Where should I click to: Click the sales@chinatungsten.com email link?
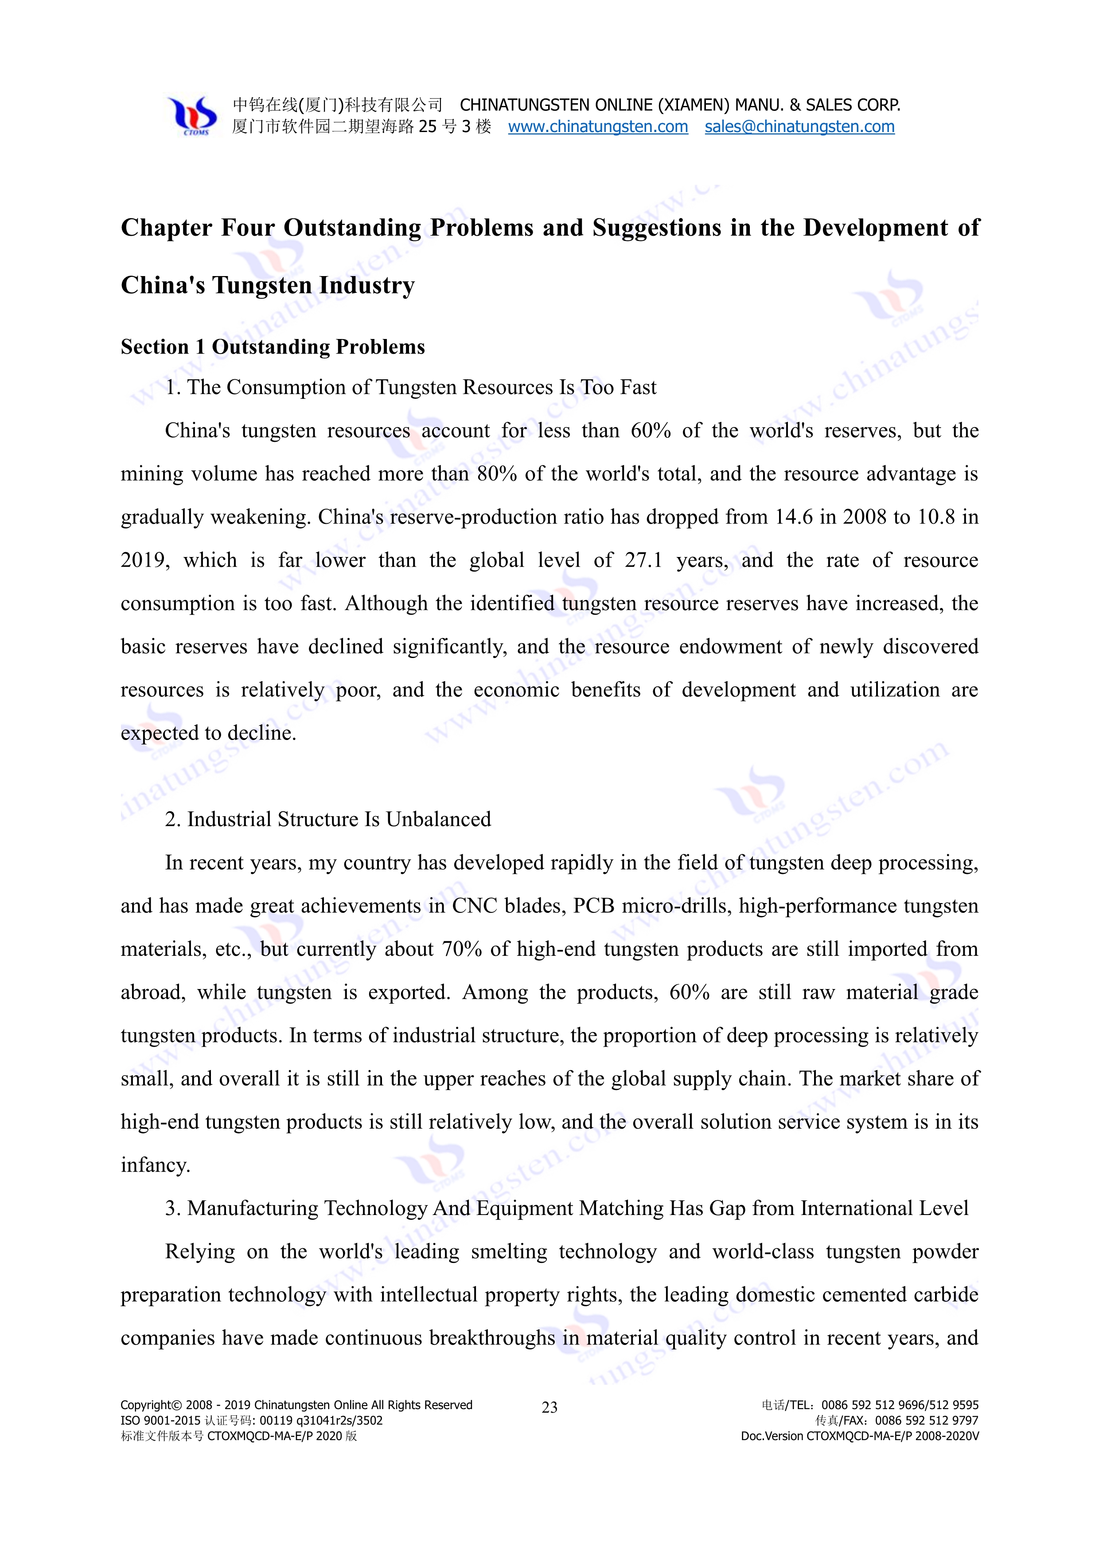(799, 127)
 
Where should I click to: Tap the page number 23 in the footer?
(549, 1408)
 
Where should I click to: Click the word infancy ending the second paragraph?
(155, 1165)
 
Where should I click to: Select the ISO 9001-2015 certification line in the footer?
(251, 1421)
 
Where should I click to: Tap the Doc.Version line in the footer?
(859, 1436)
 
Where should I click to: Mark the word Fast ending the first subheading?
(638, 387)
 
